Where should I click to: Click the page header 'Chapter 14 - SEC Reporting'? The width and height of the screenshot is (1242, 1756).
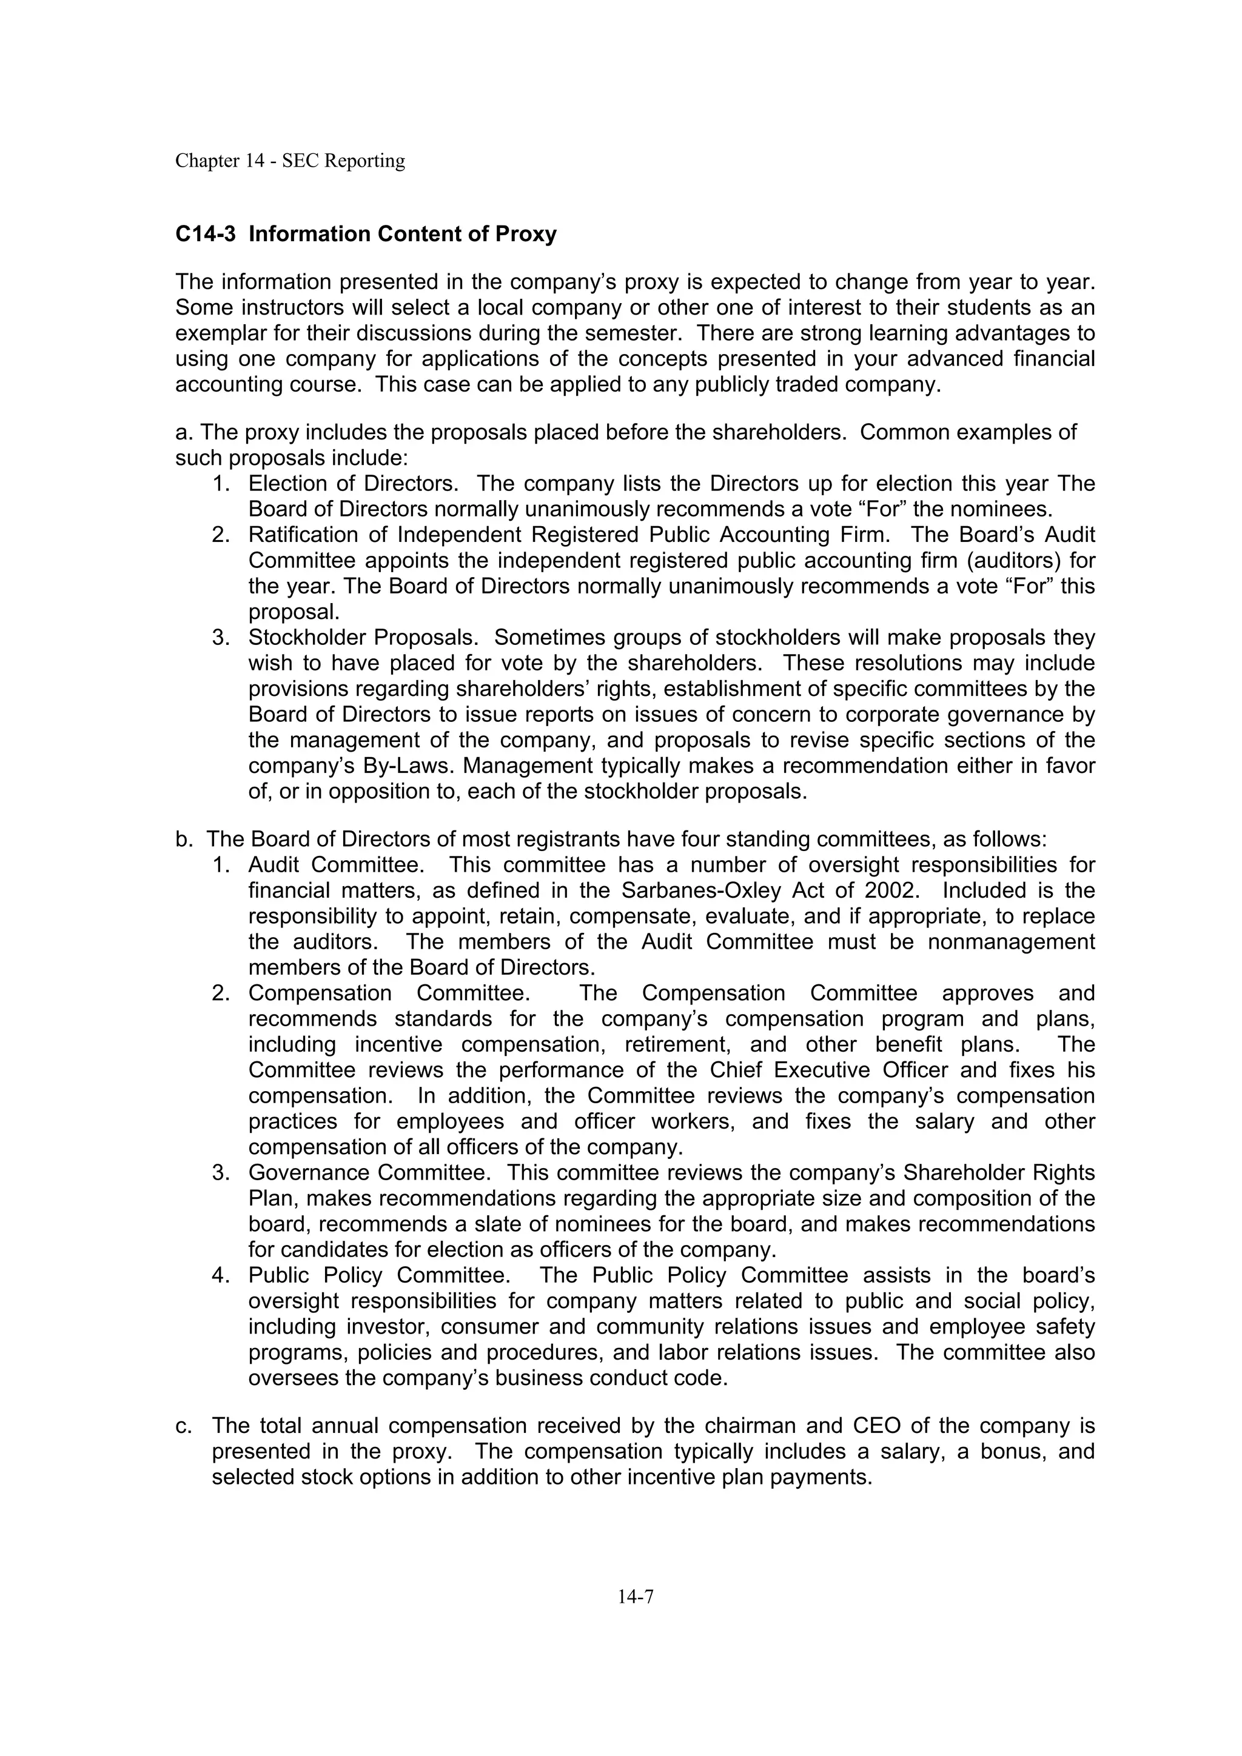290,161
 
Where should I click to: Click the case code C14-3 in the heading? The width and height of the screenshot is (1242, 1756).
205,234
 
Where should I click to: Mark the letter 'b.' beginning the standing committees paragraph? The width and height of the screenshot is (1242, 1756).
184,840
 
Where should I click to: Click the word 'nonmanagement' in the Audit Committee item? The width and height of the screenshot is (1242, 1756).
1011,942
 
